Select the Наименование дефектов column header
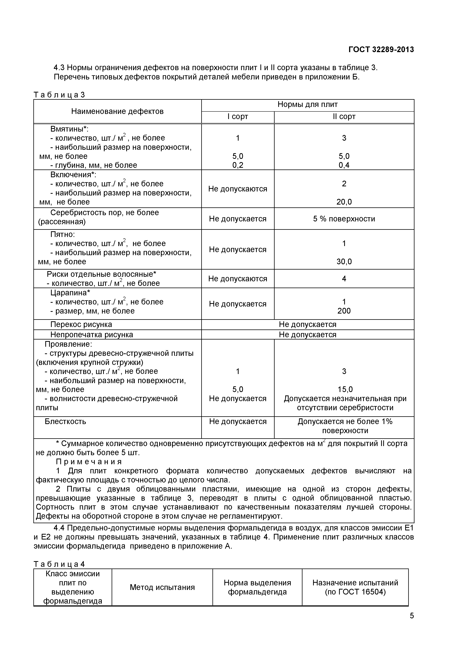pos(117,111)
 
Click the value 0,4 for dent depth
pos(344,165)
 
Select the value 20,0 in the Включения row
pos(344,202)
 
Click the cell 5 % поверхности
pos(344,219)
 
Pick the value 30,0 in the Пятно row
pos(344,262)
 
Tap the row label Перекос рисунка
pos(81,324)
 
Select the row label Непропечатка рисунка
pos(92,335)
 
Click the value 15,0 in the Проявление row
pos(344,389)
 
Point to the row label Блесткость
pos(65,421)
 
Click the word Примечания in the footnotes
pos(89,461)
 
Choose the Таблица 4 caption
pos(59,564)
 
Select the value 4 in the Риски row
pos(344,279)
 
